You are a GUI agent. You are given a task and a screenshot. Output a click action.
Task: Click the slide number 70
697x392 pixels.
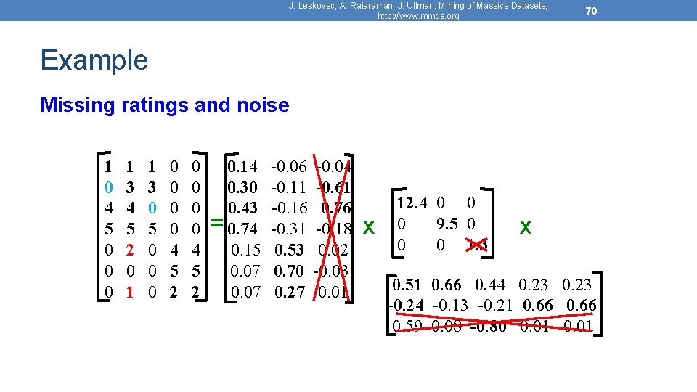coord(592,11)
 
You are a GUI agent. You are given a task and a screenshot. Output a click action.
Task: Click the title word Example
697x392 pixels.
coord(94,60)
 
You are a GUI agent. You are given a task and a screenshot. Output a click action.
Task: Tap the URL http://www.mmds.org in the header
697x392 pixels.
coord(418,16)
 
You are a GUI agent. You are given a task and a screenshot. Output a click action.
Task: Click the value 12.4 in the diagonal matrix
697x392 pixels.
coord(411,204)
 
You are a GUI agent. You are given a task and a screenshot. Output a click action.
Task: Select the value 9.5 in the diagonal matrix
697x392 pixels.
coord(447,224)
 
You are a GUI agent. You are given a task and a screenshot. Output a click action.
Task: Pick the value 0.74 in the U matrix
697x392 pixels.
coord(242,230)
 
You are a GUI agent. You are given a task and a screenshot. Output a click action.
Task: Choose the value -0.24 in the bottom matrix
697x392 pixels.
coord(405,305)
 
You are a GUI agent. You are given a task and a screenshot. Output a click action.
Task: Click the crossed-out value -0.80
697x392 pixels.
coord(488,326)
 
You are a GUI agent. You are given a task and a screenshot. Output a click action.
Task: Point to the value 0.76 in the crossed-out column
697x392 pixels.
coord(336,209)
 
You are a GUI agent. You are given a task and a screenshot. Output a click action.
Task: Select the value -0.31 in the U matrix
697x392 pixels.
coord(288,230)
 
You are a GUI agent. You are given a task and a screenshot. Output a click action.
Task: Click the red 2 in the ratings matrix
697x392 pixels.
coord(129,251)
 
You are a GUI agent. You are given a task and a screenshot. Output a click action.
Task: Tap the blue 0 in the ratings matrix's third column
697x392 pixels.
coord(152,209)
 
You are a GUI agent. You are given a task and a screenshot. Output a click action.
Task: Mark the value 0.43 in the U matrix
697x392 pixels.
coord(242,209)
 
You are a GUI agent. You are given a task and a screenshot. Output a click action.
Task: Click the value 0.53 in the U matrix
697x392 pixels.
coord(289,251)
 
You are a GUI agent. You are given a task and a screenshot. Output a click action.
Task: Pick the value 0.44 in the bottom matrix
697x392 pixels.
coord(491,285)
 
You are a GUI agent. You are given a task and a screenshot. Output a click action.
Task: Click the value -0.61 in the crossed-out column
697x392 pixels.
coord(334,188)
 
